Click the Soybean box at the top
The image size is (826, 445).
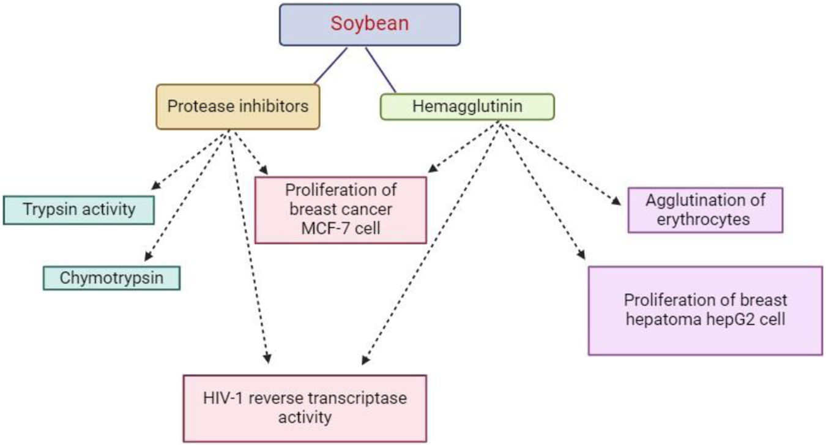point(370,24)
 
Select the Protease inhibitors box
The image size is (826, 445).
point(237,107)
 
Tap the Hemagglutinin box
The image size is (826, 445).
point(467,107)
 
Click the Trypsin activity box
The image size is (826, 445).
point(79,210)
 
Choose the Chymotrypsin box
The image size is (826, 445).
point(111,279)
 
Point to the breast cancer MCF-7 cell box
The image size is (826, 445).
point(340,210)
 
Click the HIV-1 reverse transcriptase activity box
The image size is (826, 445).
point(305,408)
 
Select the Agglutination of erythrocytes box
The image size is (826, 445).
point(705,210)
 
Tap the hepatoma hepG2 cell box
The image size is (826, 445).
point(705,310)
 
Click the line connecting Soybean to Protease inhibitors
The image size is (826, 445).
point(330,66)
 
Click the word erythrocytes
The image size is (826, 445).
point(704,219)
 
